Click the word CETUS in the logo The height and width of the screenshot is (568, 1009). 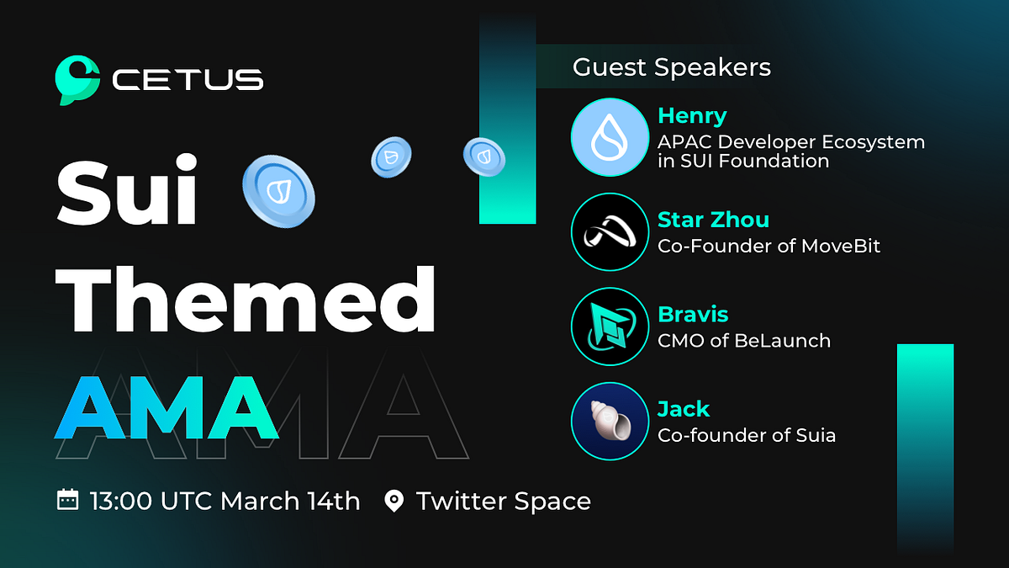pos(188,81)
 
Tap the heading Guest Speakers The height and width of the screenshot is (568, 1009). pos(671,67)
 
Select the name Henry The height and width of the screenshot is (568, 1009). pos(691,115)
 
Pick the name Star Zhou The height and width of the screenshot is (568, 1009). pos(713,220)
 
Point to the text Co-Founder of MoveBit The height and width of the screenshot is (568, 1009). pos(769,247)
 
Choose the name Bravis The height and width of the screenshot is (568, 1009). pos(693,315)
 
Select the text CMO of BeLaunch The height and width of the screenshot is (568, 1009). pos(743,341)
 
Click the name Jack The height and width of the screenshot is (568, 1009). pos(683,410)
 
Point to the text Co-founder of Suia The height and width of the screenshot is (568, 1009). pos(746,435)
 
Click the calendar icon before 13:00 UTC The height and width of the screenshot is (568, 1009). pos(67,501)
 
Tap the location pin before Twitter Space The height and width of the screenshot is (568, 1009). pos(393,502)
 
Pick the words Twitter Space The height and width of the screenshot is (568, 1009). pos(503,502)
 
